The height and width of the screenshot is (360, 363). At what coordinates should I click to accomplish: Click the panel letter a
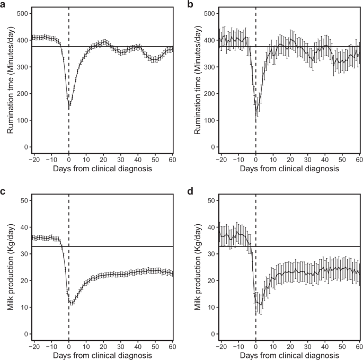pos(4,4)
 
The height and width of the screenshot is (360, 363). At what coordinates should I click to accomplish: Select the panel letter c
pos(4,191)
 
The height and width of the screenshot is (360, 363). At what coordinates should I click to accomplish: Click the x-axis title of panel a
pos(102,169)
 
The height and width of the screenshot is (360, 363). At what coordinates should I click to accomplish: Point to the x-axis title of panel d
pos(289,355)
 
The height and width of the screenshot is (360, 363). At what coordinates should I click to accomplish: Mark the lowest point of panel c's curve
pos(70,304)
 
